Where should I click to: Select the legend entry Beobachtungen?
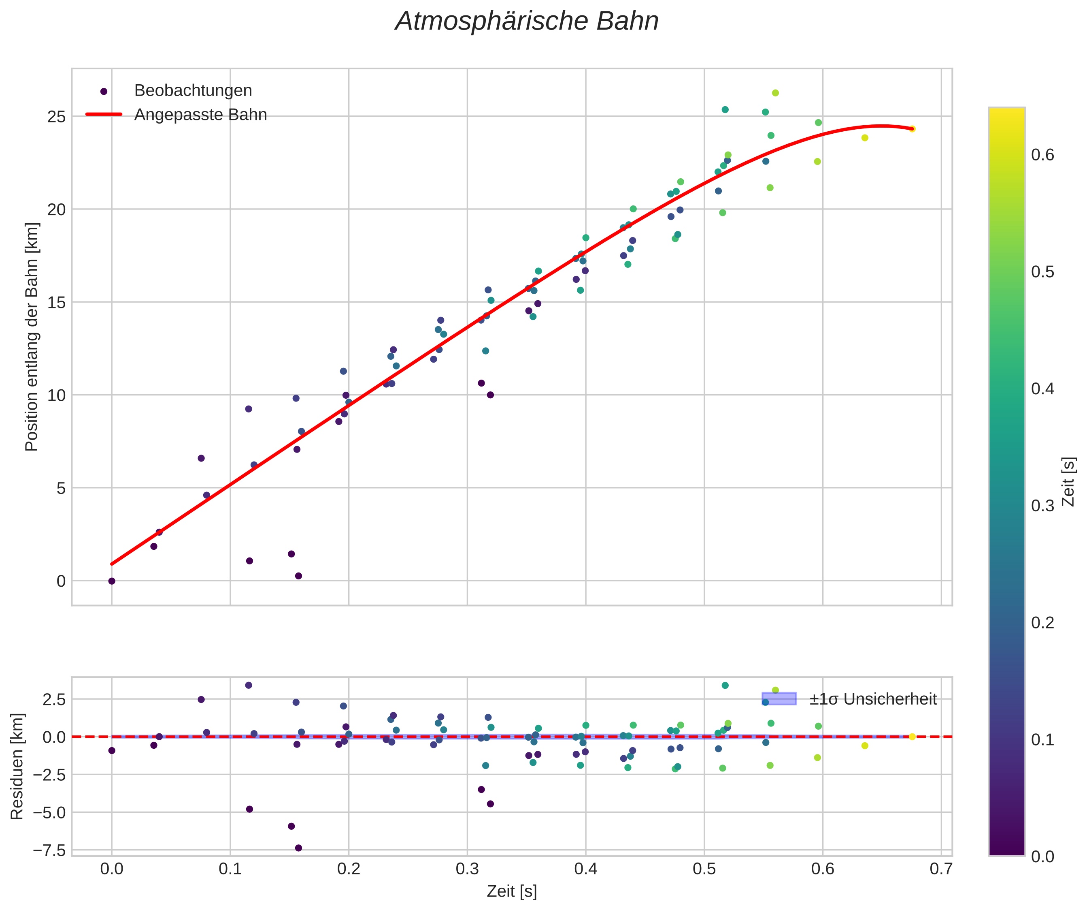[193, 91]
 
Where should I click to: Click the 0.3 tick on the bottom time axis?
[468, 869]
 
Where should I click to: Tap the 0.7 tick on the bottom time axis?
[942, 869]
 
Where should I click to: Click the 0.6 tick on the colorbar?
[1042, 155]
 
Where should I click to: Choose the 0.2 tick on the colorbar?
[1042, 623]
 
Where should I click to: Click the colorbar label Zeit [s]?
[1068, 482]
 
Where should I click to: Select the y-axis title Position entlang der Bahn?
[32, 337]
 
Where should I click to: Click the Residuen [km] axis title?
[17, 767]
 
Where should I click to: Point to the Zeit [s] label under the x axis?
[512, 892]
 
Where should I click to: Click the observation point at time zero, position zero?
[112, 581]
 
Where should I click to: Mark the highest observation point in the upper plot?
[775, 93]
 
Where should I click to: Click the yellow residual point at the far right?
[912, 737]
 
